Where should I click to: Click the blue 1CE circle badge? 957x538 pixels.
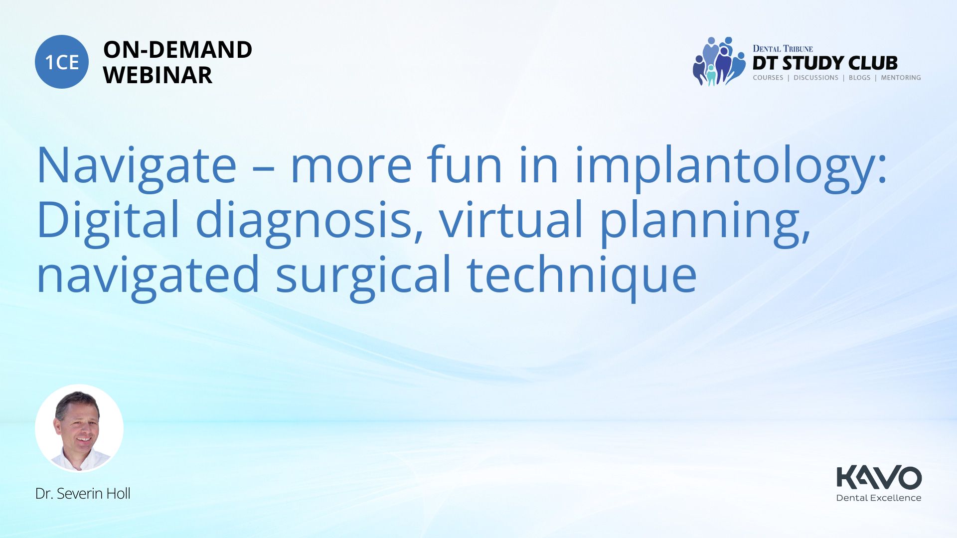point(62,62)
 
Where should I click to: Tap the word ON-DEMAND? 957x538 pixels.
point(177,50)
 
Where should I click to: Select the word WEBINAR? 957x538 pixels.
point(158,75)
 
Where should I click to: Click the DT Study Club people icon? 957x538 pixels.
point(715,61)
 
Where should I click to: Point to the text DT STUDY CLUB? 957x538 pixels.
point(825,63)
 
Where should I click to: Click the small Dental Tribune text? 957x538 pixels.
point(783,48)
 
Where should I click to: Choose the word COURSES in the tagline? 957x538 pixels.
point(768,78)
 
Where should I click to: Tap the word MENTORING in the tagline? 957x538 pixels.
point(901,78)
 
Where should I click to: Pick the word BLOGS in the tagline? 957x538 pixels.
point(859,78)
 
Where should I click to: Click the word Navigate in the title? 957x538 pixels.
point(137,166)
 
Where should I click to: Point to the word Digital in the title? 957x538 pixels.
point(108,220)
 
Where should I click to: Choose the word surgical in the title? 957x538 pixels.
point(363,275)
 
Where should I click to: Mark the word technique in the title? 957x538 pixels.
point(582,275)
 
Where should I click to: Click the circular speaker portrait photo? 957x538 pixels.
point(79,428)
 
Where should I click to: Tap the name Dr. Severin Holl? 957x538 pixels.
point(83,494)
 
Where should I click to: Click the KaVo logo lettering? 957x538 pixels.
point(879,477)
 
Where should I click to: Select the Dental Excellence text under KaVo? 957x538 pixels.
point(879,498)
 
